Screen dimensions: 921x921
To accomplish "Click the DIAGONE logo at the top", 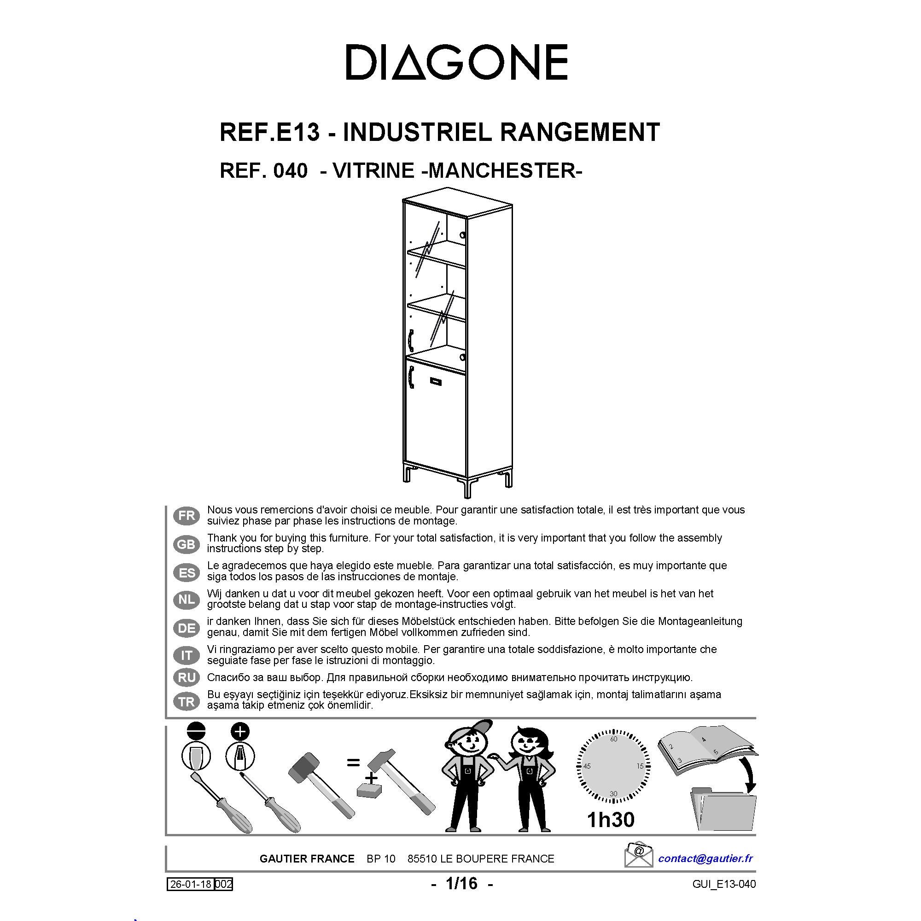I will tap(456, 62).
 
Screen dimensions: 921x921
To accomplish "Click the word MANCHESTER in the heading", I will tap(505, 171).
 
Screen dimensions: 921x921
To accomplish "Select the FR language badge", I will tap(187, 516).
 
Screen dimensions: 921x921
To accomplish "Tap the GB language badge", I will tap(187, 544).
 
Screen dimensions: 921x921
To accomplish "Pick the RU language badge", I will tap(187, 677).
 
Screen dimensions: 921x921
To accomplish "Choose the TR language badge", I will tap(187, 701).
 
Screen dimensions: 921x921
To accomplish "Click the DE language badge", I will tap(187, 628).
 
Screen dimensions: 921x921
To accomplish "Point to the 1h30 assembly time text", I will tap(611, 820).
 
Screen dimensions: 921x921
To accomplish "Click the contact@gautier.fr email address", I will tap(705, 858).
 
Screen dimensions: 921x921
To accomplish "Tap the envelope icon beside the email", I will tap(638, 856).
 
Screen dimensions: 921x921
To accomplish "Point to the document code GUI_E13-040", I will tap(724, 884).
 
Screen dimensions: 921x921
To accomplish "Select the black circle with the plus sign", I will tap(240, 732).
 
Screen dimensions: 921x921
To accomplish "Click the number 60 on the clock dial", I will tap(613, 740).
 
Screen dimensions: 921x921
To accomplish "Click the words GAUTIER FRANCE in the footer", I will tap(307, 859).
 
